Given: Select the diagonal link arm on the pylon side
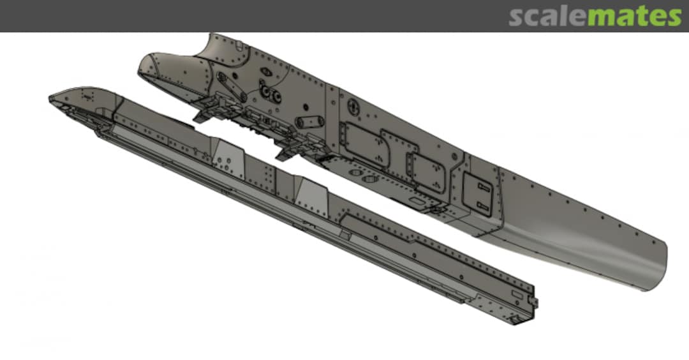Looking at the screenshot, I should coord(232,86).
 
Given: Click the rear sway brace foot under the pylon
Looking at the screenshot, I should coord(288,153).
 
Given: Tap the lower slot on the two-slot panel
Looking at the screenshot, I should coord(483,206).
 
